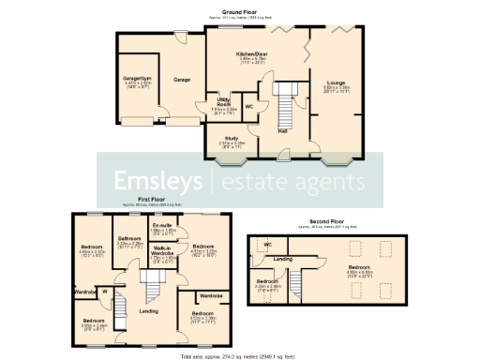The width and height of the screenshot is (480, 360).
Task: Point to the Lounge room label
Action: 335,84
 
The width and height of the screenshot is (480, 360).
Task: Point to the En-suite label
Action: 160,227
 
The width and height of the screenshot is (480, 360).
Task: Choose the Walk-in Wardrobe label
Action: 161,251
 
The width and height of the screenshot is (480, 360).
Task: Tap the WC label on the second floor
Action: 267,245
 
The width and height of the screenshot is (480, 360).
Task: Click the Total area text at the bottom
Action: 239,356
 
